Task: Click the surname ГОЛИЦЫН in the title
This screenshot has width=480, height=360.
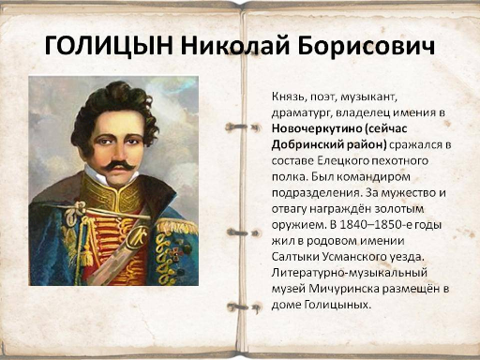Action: pyautogui.click(x=109, y=46)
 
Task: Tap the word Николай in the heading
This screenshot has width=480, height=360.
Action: pyautogui.click(x=235, y=46)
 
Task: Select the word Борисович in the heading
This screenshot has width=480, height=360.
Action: pyautogui.click(x=366, y=46)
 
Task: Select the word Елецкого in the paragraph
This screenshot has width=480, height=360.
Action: pyautogui.click(x=341, y=161)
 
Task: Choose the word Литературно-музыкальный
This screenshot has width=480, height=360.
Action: pyautogui.click(x=349, y=273)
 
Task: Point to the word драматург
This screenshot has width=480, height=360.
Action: pyautogui.click(x=301, y=113)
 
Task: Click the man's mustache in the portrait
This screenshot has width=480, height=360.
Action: pyautogui.click(x=119, y=166)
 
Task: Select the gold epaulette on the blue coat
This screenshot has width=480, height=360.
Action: pyautogui.click(x=176, y=226)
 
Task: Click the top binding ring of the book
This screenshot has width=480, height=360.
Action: pyautogui.click(x=242, y=127)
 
